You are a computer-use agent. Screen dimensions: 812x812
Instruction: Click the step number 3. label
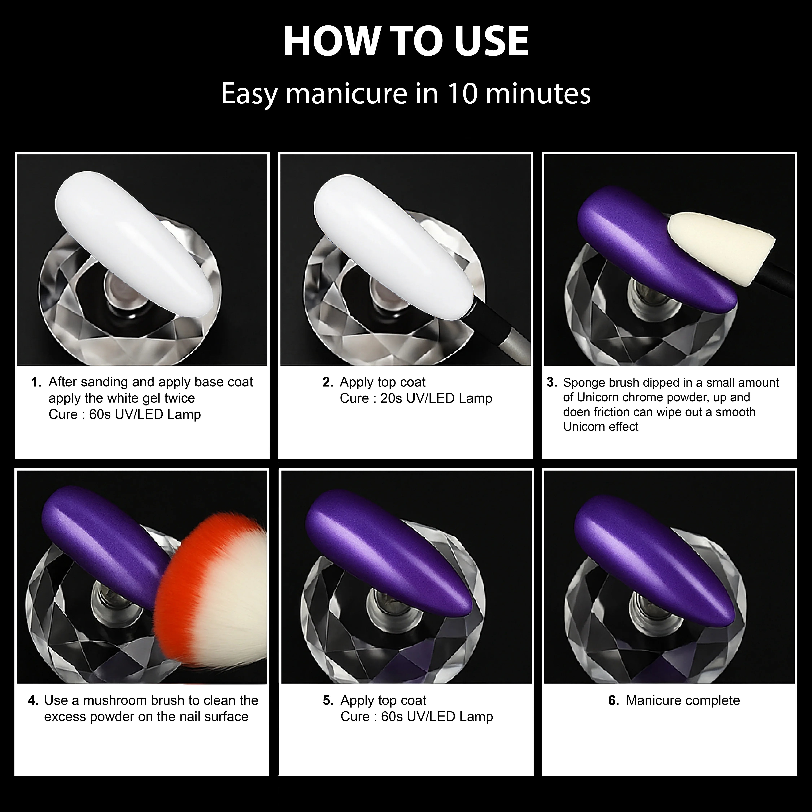pos(552,383)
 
